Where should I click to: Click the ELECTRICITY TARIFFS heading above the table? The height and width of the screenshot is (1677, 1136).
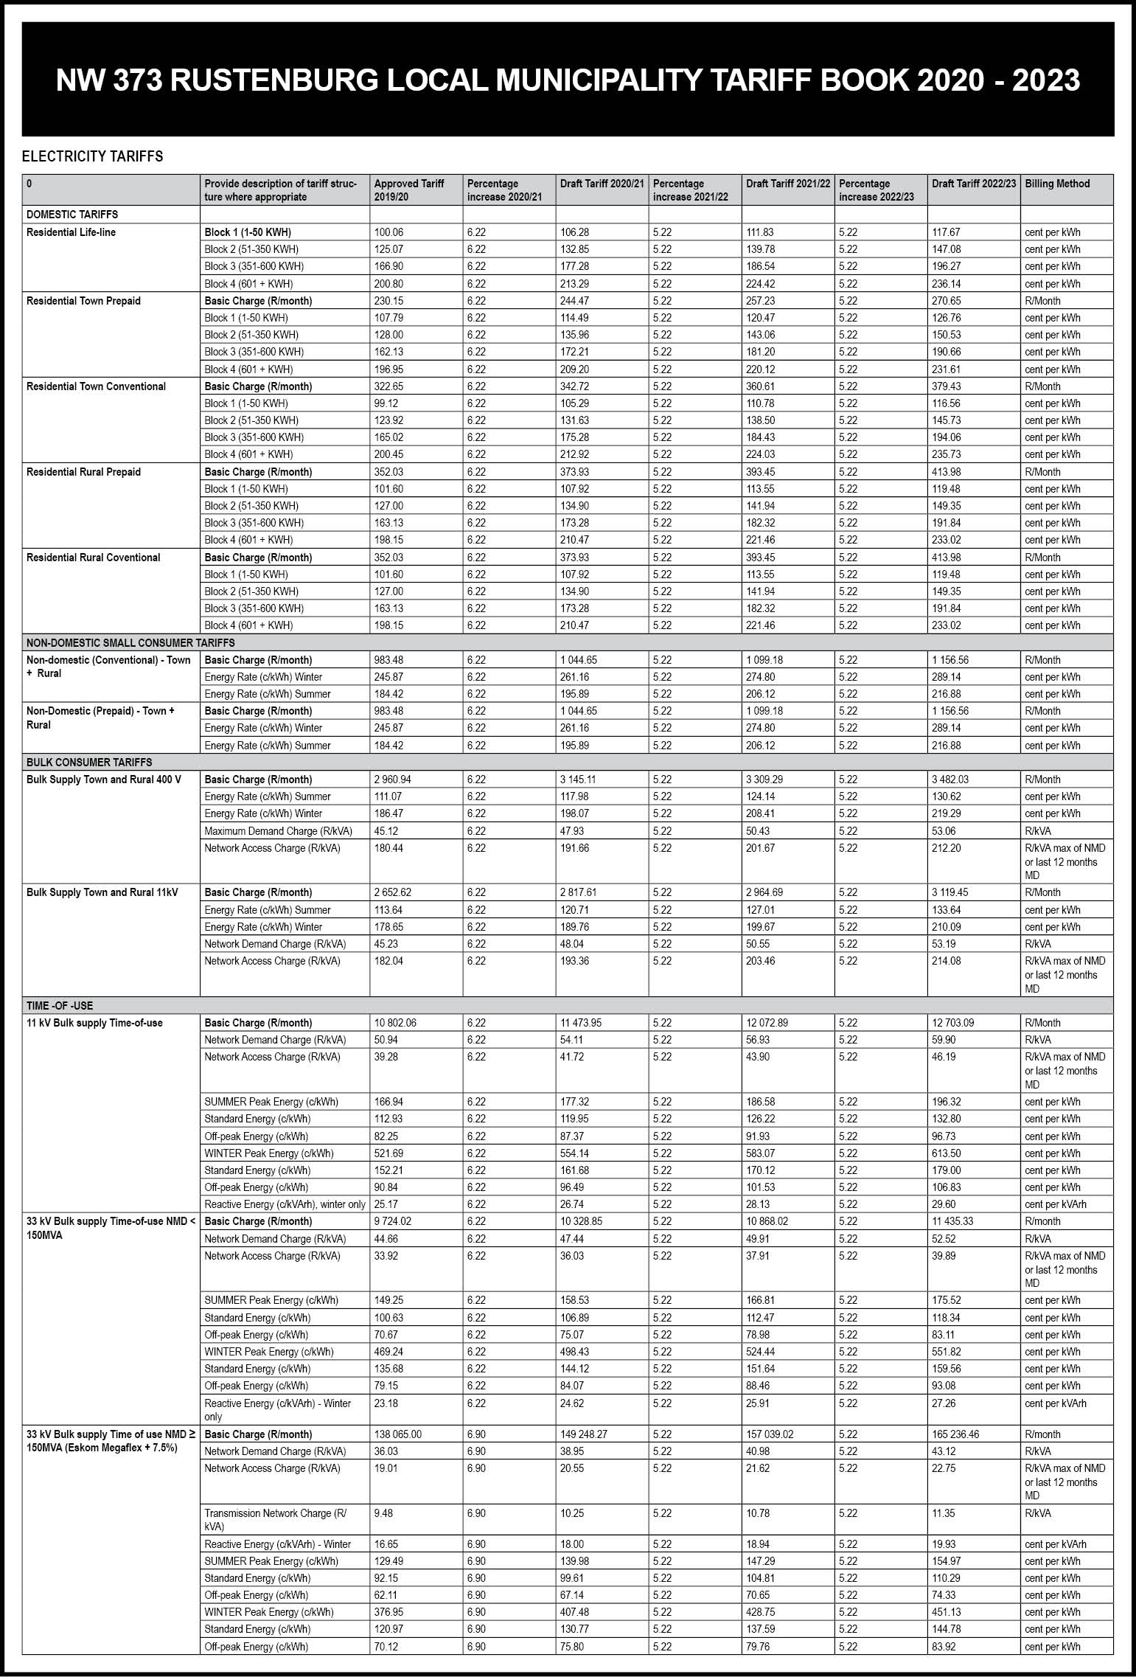click(92, 156)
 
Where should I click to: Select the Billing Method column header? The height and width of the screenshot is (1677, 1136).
click(1056, 184)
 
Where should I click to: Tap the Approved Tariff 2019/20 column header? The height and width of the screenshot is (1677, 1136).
click(409, 190)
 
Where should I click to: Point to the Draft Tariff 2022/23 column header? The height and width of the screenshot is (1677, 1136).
click(973, 184)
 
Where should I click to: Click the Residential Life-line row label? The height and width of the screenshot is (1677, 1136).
click(71, 232)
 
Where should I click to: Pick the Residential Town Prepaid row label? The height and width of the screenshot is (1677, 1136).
click(83, 301)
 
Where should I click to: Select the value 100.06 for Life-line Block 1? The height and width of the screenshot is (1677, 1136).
click(388, 232)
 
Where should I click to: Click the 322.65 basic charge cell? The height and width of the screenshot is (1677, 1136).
click(388, 386)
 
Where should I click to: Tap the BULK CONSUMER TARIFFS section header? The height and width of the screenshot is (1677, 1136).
click(89, 762)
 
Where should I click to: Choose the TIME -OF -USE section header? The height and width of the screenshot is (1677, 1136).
click(60, 1005)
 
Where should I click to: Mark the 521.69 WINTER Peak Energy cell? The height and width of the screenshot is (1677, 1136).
click(388, 1153)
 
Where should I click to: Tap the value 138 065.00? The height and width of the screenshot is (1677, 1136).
click(397, 1434)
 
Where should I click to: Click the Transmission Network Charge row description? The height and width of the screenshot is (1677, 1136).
click(274, 1519)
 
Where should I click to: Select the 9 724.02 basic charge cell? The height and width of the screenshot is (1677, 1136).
click(392, 1221)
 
